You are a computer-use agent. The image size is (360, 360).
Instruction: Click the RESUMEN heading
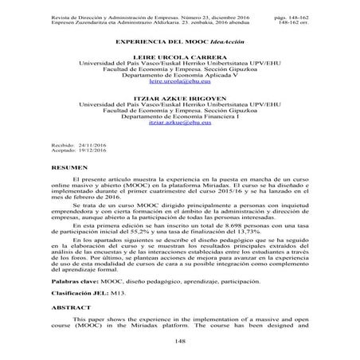[65, 193]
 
